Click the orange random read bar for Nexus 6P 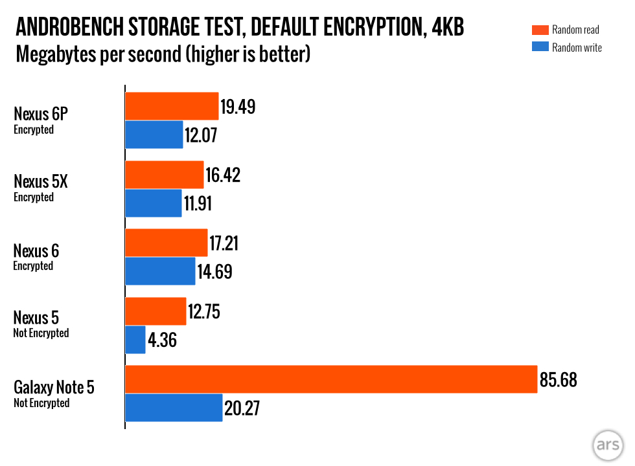coord(172,106)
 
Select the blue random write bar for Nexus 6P coord(154,135)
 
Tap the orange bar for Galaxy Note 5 coord(331,379)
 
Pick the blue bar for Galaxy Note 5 coord(174,408)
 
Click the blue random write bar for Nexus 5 coord(135,339)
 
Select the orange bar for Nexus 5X coord(165,175)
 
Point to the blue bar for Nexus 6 coord(160,271)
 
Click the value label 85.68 coord(558,379)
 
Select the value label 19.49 coord(238,107)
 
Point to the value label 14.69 coord(214,272)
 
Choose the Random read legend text coord(575,30)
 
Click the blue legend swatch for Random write coord(540,47)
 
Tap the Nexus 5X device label coord(41,182)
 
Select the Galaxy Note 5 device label coord(54,387)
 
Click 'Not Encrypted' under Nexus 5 coord(41,333)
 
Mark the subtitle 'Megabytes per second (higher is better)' coord(163,54)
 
